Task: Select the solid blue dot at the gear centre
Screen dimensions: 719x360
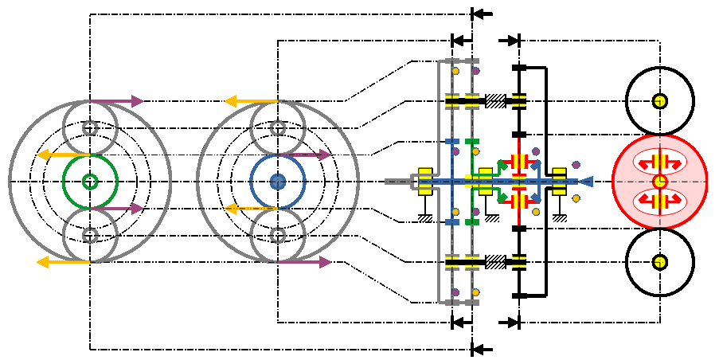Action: point(277,182)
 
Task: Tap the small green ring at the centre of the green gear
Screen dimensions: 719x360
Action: point(90,182)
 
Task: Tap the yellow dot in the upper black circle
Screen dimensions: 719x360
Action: point(659,101)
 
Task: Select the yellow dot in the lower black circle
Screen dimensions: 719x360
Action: point(659,262)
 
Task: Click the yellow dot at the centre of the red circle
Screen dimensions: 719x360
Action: point(659,182)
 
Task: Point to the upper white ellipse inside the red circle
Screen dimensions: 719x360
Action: point(659,162)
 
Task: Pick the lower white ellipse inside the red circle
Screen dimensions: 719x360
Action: point(659,201)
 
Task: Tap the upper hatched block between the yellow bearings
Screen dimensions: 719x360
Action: point(495,101)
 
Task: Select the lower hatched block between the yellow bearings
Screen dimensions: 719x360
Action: point(495,261)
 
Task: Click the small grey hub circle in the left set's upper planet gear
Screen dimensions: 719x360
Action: point(90,127)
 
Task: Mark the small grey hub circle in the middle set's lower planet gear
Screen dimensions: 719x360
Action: point(277,235)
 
